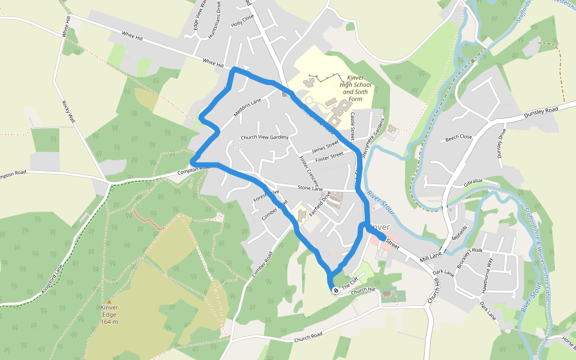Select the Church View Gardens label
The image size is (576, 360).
tap(265, 137)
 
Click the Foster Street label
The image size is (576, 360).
tap(329, 156)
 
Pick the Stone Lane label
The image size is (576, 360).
tap(310, 188)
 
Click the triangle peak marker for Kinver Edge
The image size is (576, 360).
tap(109, 302)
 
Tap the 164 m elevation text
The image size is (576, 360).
tap(109, 322)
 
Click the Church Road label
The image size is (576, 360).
tap(308, 337)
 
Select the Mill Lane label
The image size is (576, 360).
tap(430, 257)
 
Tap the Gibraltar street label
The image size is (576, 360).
tap(473, 182)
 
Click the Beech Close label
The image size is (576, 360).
tap(458, 137)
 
